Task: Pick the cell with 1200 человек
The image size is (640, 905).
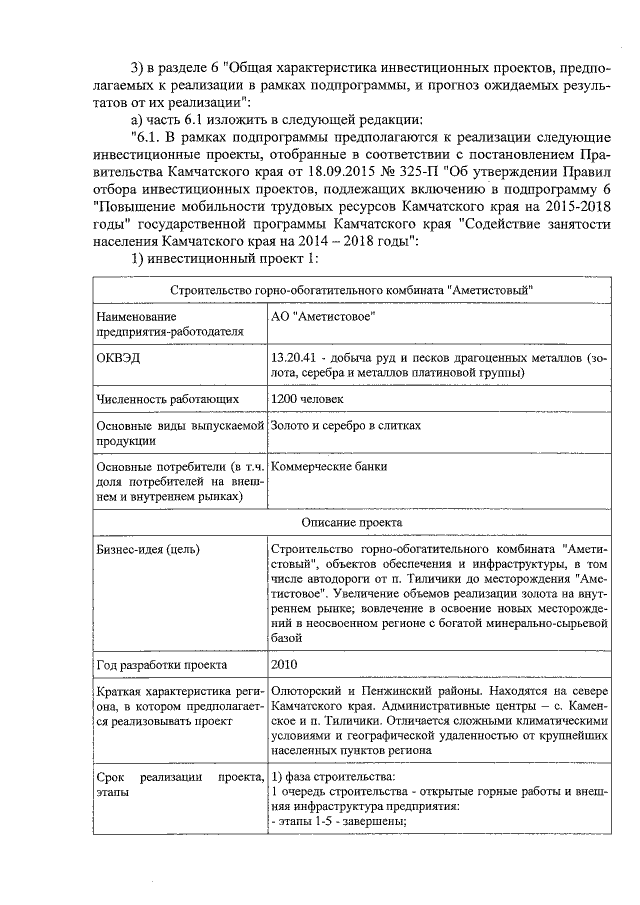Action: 307,399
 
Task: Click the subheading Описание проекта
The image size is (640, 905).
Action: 350,522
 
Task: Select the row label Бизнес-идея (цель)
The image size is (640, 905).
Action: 147,549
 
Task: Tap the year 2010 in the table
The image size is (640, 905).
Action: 284,664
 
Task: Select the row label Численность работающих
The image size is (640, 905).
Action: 167,399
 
